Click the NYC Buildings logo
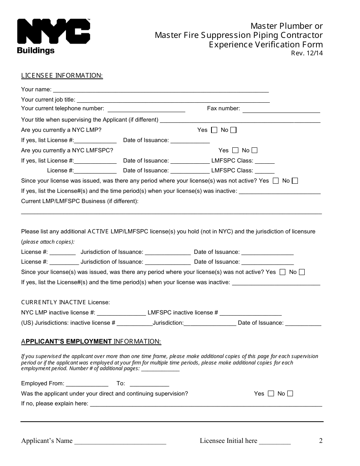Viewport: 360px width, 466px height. (53, 36)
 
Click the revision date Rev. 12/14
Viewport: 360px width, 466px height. (307, 53)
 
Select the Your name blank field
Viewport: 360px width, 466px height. (161, 90)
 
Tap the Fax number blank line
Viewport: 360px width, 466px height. (281, 109)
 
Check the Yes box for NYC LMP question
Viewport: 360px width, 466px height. (214, 130)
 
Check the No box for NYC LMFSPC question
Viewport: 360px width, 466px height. (254, 150)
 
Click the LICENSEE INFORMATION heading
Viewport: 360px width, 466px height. (62, 75)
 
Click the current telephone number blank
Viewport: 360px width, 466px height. (146, 109)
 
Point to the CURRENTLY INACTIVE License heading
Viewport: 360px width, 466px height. (65, 302)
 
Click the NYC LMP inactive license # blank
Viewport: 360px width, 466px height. (121, 313)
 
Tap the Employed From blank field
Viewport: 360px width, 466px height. (87, 384)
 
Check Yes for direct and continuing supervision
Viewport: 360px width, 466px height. (271, 394)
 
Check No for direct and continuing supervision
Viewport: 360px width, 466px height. (290, 394)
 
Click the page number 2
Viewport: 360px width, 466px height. (321, 441)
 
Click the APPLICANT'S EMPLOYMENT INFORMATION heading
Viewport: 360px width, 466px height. (91, 342)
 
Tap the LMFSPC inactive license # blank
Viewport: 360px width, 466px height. (250, 313)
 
